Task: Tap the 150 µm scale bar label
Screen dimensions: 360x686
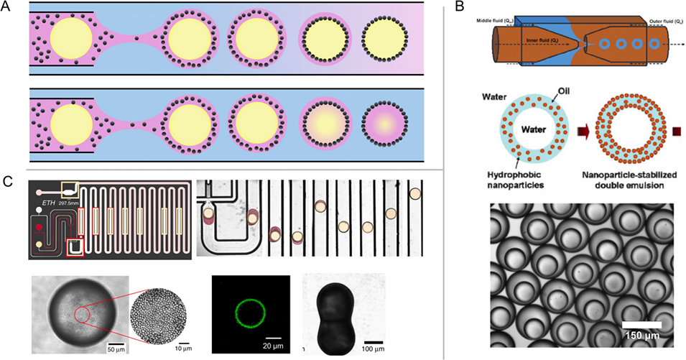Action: pyautogui.click(x=642, y=336)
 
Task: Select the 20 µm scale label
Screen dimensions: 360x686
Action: pyautogui.click(x=275, y=344)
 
